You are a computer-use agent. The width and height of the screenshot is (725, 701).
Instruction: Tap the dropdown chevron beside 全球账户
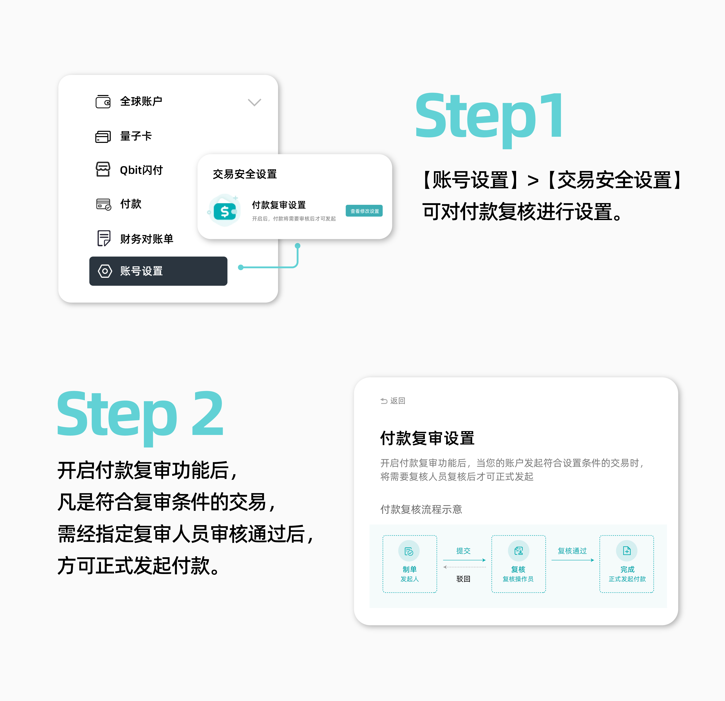point(255,102)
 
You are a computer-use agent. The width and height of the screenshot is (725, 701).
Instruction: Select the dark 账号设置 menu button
point(158,271)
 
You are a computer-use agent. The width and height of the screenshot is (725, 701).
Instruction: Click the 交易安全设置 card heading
point(245,174)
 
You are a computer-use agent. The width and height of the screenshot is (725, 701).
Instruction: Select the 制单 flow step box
point(410,564)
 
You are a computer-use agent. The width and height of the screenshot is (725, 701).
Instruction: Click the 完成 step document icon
point(627,551)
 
